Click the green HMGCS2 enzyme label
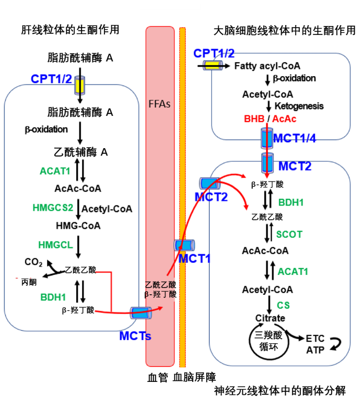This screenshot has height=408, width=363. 53,207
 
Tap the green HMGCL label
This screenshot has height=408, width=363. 52,245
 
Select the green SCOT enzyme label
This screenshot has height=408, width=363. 289,234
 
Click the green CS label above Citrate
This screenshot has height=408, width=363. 283,305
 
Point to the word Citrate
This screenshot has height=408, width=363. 270,318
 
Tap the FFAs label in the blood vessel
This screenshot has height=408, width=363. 159,104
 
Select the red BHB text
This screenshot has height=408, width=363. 254,119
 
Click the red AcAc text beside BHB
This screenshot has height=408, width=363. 284,119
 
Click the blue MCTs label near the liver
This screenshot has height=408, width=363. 135,336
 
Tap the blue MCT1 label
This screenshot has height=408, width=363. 194,258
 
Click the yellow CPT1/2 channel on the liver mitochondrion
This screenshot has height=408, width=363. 80,84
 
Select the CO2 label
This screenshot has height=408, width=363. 33,262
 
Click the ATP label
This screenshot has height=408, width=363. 315,350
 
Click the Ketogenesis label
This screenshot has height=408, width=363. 299,106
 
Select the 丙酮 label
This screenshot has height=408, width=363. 29,282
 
